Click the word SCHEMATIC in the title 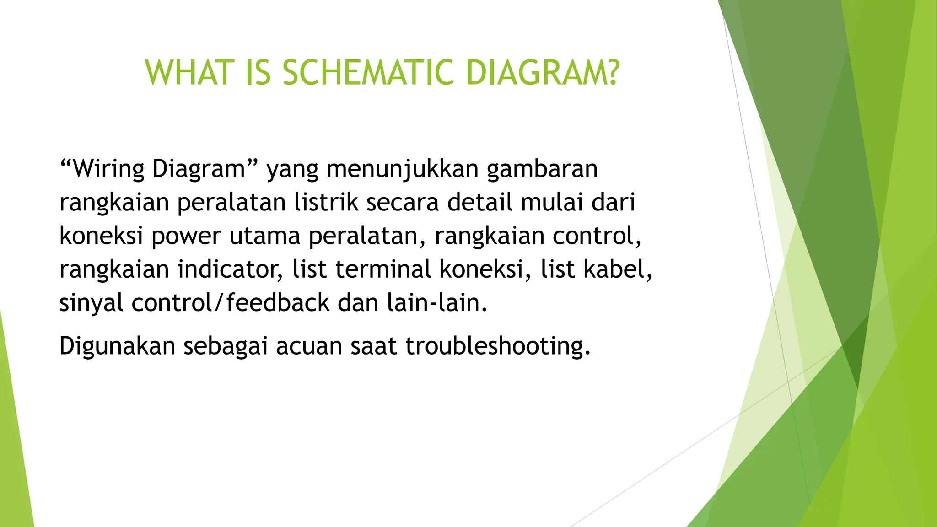(x=368, y=73)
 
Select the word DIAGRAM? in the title (x=543, y=73)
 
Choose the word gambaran (x=542, y=169)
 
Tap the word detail (x=480, y=202)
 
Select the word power (x=186, y=237)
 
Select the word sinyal (x=92, y=303)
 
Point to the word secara (x=403, y=202)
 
